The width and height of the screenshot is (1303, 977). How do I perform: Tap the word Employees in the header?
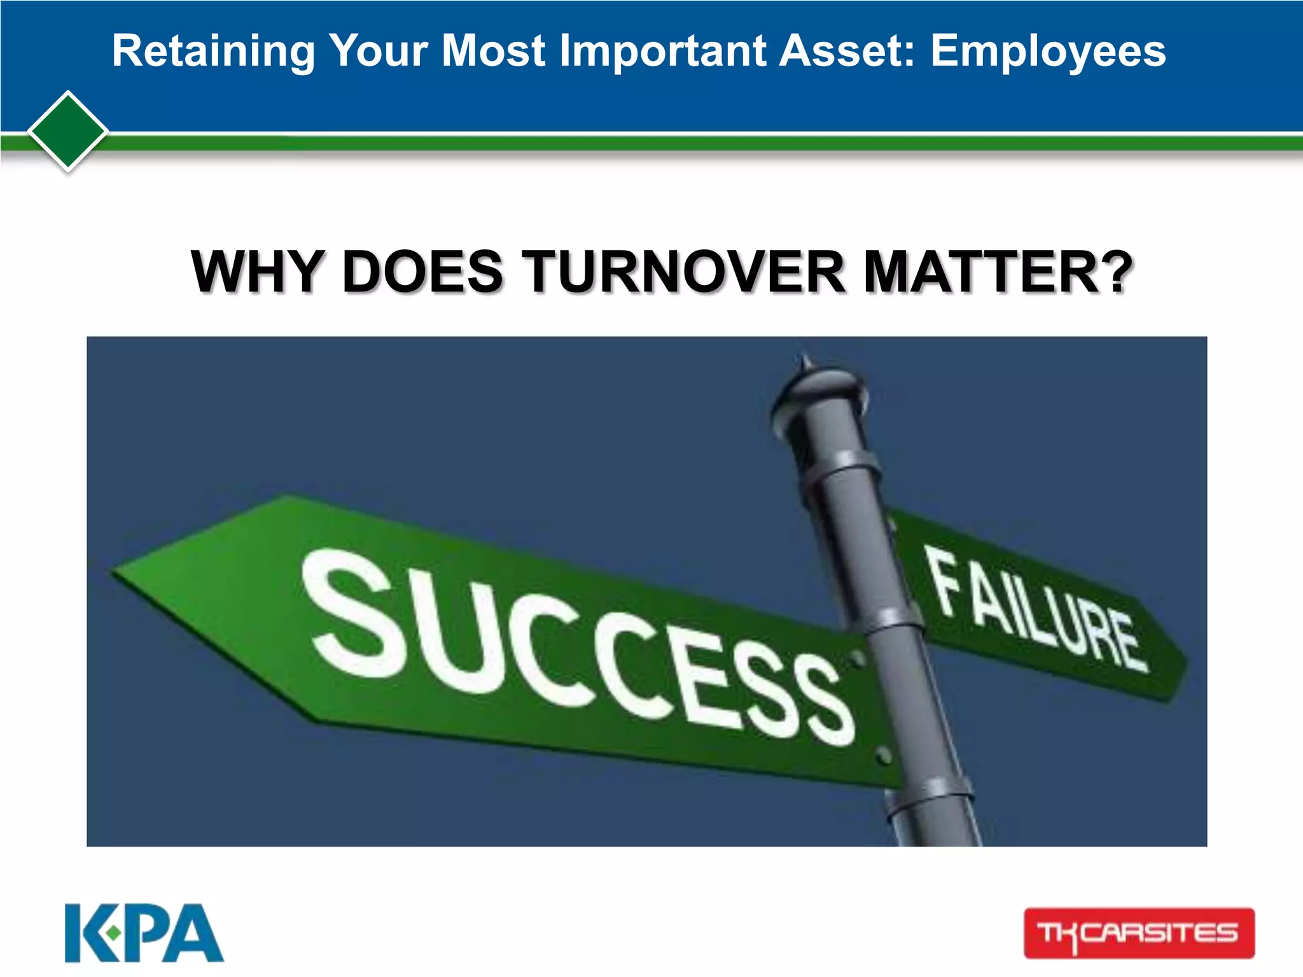pos(1048,52)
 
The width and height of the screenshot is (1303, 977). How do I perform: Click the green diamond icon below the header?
pos(68,132)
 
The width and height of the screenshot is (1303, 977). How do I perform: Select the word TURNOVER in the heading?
pos(685,272)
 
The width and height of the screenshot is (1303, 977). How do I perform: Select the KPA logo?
pos(144,933)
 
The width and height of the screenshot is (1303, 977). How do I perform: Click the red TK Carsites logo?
pos(1139,933)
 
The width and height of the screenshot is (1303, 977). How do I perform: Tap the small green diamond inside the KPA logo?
pos(113,933)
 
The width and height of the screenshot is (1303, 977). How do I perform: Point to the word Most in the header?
pos(493,50)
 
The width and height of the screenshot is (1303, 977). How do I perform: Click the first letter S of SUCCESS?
pos(353,614)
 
